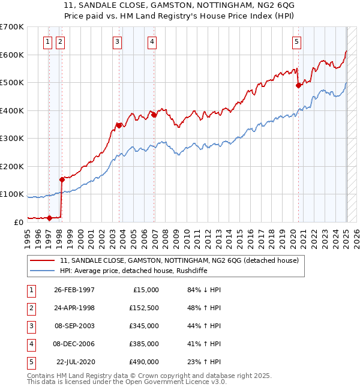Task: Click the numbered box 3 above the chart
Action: click(x=116, y=41)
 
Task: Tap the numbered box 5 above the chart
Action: click(x=297, y=41)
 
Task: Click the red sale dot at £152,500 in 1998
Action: click(x=62, y=179)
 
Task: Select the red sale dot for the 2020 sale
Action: click(x=298, y=86)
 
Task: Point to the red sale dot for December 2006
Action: click(x=154, y=115)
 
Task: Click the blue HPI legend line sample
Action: click(x=43, y=271)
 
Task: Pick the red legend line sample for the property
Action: click(x=43, y=260)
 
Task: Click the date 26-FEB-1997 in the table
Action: click(x=74, y=289)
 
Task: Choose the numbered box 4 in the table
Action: click(x=31, y=344)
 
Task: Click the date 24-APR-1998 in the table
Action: click(x=74, y=308)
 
